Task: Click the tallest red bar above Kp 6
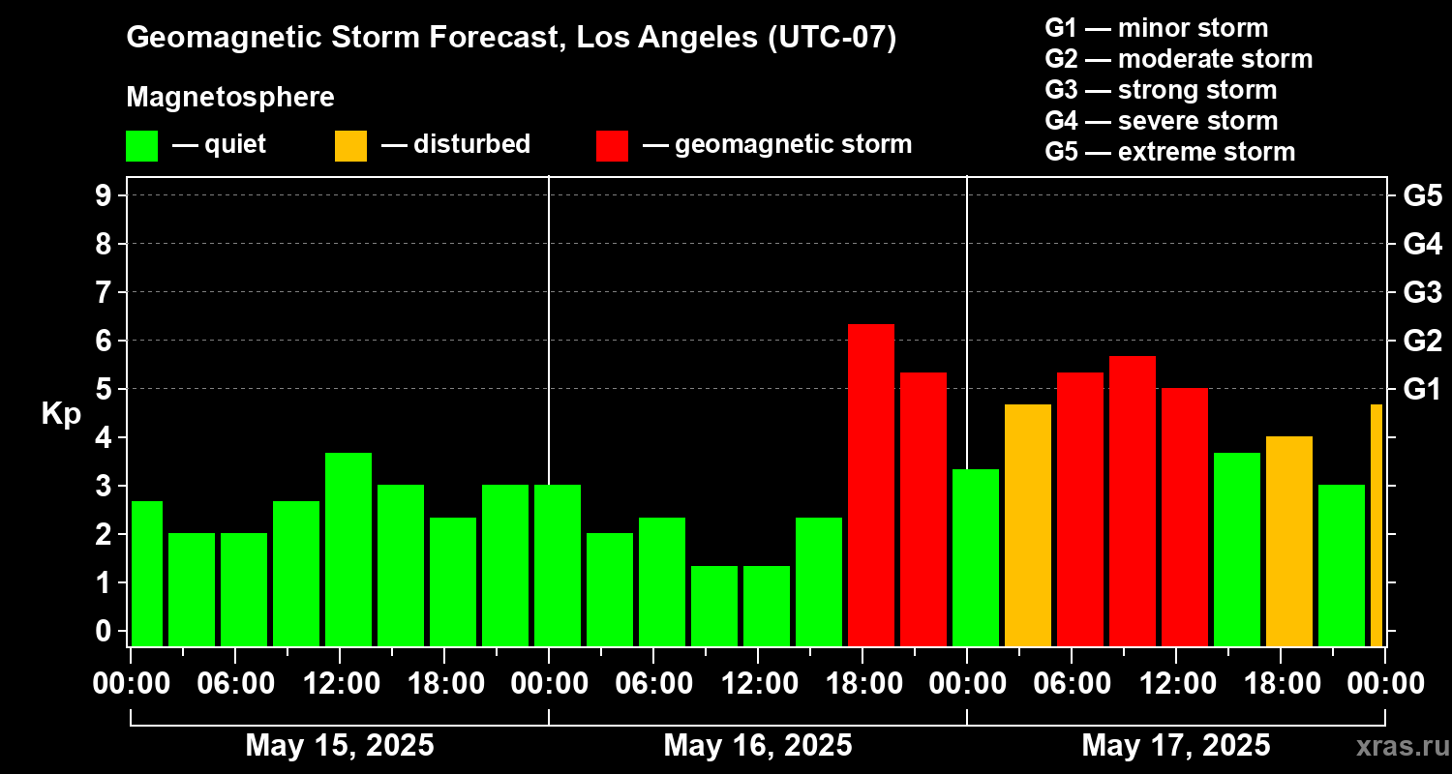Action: coord(871,485)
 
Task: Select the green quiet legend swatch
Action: coord(142,146)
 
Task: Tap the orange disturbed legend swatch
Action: coord(350,146)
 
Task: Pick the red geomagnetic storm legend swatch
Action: coord(612,146)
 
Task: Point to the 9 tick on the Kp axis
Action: coord(103,195)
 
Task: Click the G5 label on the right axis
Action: coord(1422,195)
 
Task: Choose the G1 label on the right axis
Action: coord(1422,389)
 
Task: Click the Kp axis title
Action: coord(61,414)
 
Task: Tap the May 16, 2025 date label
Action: coord(758,745)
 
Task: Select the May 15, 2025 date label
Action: coord(340,745)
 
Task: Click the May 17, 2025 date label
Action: coord(1176,745)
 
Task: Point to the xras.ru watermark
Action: coord(1403,746)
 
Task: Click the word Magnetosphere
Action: coord(230,97)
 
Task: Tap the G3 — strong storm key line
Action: coord(1161,90)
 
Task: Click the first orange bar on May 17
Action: coord(1028,525)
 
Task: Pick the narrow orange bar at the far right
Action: coord(1376,525)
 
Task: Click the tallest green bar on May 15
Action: coord(348,550)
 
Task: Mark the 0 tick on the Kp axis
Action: coord(103,631)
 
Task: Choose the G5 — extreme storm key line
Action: coord(1170,152)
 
